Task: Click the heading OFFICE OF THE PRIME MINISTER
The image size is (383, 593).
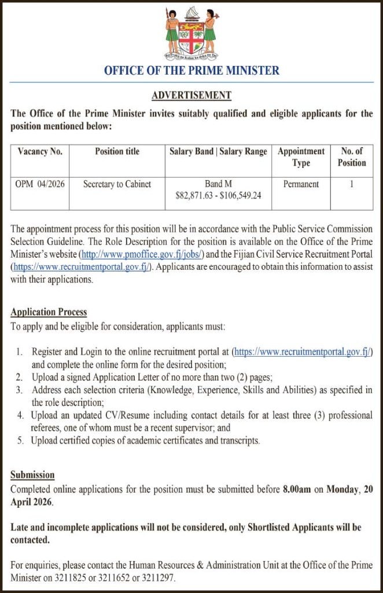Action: (x=191, y=71)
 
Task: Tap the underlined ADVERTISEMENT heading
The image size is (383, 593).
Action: (x=191, y=95)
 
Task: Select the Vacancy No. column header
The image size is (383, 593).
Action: (x=40, y=152)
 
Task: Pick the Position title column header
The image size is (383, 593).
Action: (x=117, y=152)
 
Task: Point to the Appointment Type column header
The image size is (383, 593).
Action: (x=301, y=157)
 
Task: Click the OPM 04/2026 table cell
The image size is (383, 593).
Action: (x=40, y=184)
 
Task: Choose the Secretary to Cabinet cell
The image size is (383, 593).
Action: (x=117, y=184)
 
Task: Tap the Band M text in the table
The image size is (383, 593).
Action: (x=218, y=184)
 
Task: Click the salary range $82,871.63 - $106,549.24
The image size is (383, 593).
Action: (x=218, y=196)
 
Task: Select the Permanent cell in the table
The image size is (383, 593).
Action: (x=301, y=184)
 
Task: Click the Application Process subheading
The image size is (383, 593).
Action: (x=49, y=312)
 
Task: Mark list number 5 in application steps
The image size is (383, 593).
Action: (x=20, y=441)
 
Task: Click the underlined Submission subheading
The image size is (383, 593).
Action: (x=32, y=475)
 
